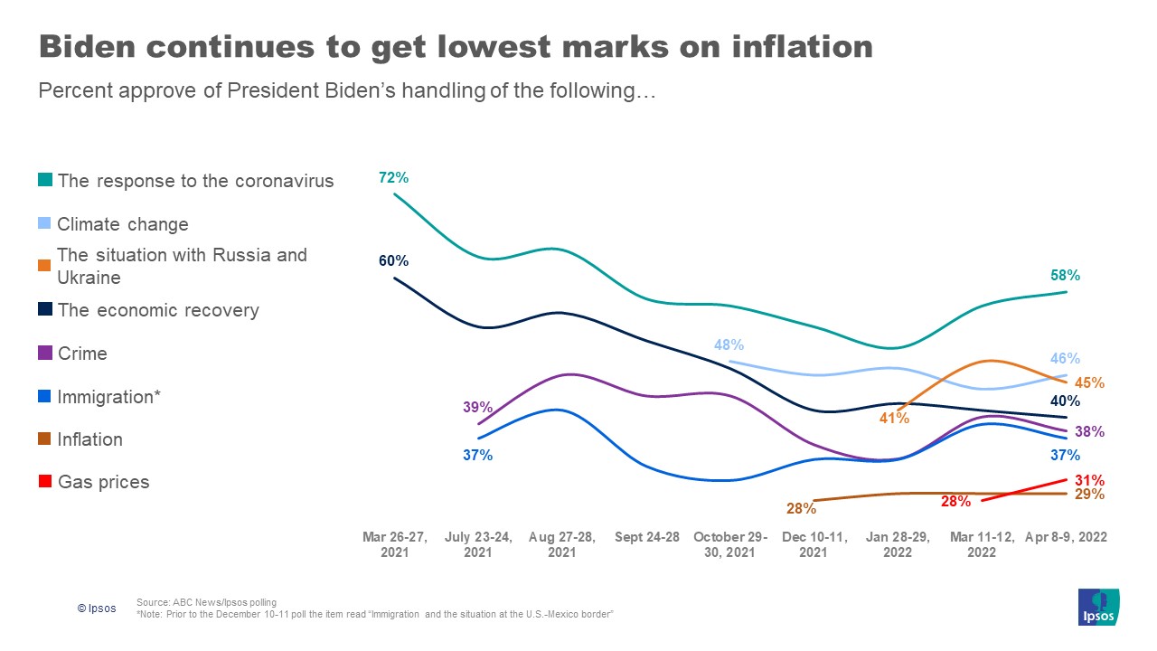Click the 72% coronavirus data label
[393, 178]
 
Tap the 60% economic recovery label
[393, 261]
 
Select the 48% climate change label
[729, 344]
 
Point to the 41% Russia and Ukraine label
[895, 419]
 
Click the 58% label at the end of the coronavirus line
[1065, 276]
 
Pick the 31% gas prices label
[1089, 480]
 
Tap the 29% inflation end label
[1089, 495]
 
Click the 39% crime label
[477, 408]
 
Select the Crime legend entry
[81, 354]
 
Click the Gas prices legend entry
[103, 482]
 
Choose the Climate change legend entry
[122, 224]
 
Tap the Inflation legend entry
[89, 439]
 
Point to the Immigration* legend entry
[108, 397]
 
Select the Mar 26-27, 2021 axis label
[394, 544]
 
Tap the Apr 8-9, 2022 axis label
[1067, 537]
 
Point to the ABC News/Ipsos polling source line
[206, 602]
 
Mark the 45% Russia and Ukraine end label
[1090, 382]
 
